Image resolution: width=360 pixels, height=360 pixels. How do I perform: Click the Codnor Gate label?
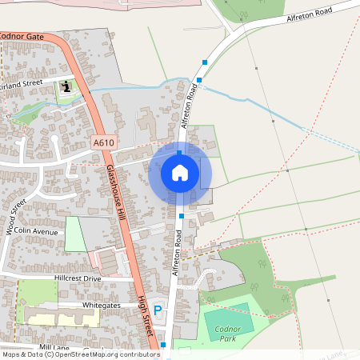point(22,35)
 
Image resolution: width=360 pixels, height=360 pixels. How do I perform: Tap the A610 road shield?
point(102,142)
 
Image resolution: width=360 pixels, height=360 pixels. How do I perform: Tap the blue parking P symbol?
point(158,310)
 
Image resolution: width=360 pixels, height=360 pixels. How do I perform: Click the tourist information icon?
point(65,86)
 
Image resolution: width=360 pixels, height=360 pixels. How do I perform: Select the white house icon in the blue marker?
point(180,172)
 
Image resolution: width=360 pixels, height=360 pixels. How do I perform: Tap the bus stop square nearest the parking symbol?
point(163,345)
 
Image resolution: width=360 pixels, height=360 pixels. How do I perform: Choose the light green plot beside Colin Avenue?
point(74,234)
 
